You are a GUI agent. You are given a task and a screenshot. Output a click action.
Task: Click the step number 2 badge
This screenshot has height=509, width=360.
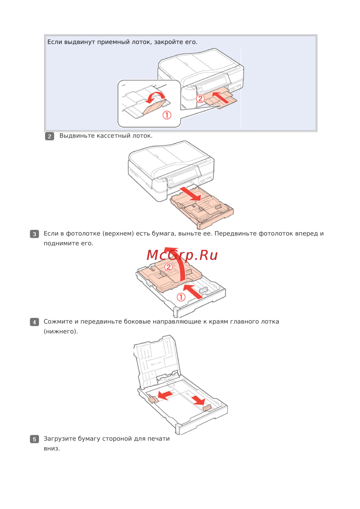(x=49, y=136)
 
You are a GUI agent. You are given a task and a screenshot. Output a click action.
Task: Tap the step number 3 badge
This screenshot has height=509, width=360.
(x=34, y=234)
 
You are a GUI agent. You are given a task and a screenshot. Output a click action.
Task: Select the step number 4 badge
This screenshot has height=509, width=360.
(x=34, y=322)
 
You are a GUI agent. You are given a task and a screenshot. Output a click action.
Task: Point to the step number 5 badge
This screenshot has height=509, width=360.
(x=34, y=439)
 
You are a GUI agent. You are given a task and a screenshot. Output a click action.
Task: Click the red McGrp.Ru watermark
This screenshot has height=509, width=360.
(x=182, y=256)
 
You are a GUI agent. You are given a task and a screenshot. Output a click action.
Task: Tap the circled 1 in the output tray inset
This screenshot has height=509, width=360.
(x=167, y=115)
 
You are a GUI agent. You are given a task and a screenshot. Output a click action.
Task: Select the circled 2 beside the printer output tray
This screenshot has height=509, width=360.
(x=200, y=99)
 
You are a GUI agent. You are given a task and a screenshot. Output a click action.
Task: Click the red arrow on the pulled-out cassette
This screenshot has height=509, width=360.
(x=190, y=194)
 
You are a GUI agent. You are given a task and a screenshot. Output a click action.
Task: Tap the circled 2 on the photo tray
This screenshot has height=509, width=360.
(x=168, y=267)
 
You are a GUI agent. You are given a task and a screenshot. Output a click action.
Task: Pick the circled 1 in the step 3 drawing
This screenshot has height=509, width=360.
(x=181, y=297)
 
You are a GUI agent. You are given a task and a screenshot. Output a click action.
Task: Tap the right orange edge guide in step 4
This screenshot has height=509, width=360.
(x=207, y=407)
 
